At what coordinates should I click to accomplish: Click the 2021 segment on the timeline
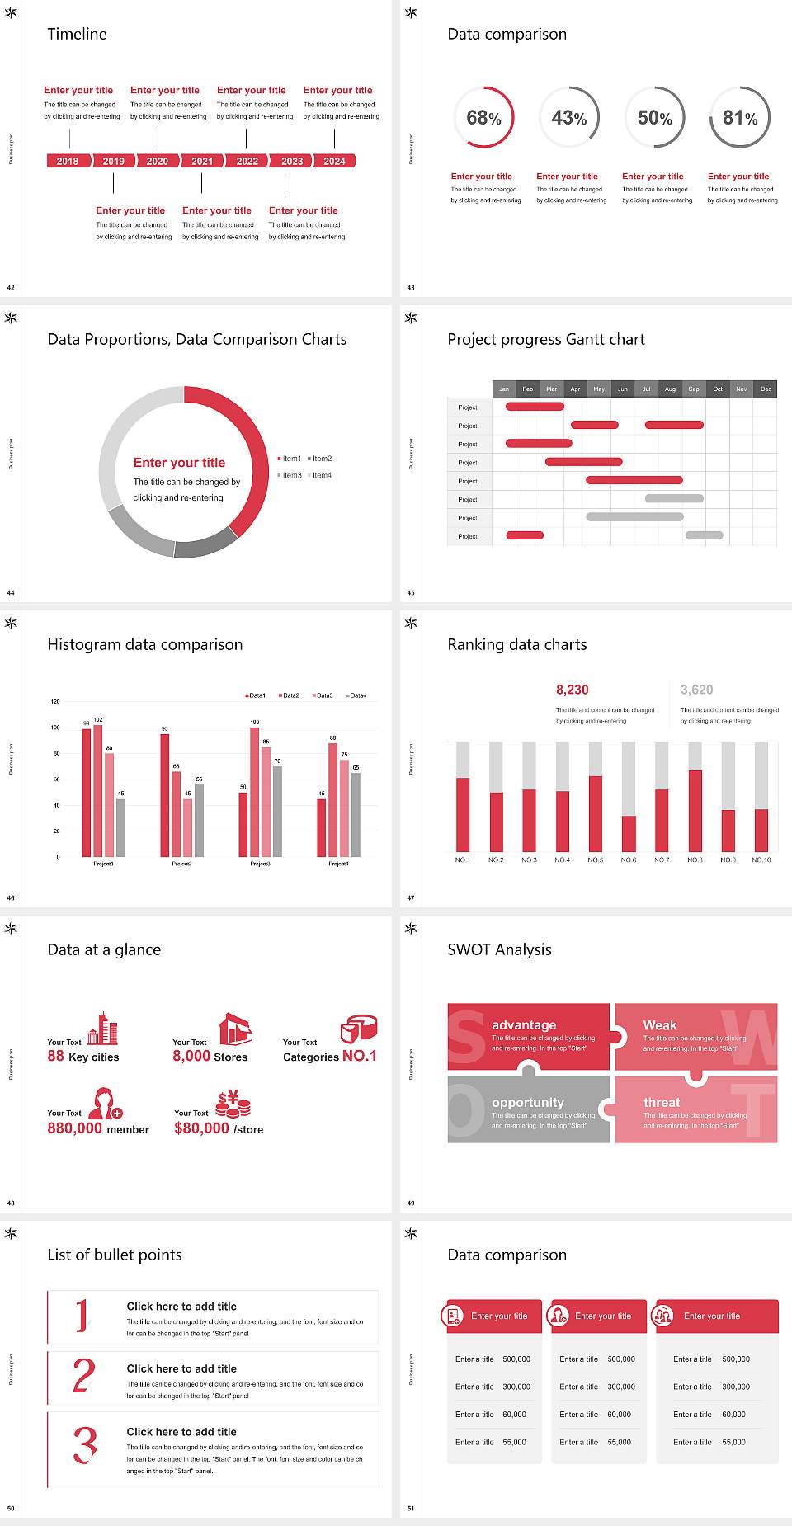[202, 161]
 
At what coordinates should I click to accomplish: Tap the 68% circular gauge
[483, 118]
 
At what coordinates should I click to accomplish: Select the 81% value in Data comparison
[740, 118]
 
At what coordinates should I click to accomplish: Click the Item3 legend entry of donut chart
[290, 475]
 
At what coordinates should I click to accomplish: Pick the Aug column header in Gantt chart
[670, 389]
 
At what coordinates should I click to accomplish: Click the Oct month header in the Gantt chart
[718, 389]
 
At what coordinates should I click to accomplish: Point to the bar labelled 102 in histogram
[98, 788]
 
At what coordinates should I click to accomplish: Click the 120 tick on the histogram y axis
[55, 702]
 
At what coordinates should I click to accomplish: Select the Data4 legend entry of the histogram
[356, 695]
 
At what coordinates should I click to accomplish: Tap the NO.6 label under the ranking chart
[629, 860]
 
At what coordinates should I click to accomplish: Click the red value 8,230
[572, 690]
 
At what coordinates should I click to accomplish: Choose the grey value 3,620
[696, 690]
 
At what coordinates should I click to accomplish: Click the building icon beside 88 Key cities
[103, 1029]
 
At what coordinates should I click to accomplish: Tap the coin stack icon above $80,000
[233, 1104]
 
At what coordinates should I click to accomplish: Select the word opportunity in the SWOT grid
[528, 1103]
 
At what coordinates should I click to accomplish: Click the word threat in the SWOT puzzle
[662, 1103]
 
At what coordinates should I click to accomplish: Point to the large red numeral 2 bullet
[83, 1376]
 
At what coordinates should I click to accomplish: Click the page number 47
[411, 897]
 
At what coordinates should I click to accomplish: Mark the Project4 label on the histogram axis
[338, 864]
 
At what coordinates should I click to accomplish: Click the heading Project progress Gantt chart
[545, 339]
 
